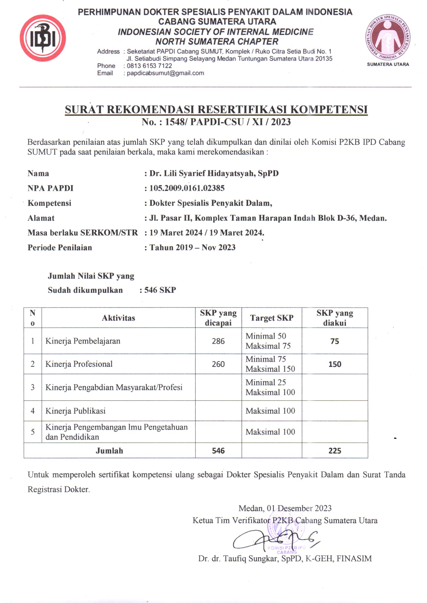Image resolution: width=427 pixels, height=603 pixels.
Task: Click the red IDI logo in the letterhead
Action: pos(43,38)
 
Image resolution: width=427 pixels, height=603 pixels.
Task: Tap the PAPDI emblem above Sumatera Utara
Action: pos(388,37)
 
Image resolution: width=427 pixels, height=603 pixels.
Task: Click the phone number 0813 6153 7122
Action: pos(149,66)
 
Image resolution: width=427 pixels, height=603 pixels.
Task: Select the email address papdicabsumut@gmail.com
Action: pos(165,73)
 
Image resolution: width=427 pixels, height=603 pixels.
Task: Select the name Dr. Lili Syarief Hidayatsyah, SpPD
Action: pos(214,173)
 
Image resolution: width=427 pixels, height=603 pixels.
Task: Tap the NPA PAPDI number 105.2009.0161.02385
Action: pos(187,188)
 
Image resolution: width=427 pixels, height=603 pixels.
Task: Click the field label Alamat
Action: pos(41,218)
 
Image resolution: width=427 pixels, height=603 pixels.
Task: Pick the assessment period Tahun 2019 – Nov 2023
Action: pos(192,247)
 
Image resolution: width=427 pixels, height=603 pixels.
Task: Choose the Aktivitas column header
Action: pos(118,318)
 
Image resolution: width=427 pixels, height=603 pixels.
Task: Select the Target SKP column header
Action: pos(272,318)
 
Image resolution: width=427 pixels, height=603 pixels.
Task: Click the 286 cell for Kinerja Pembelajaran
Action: pos(218,341)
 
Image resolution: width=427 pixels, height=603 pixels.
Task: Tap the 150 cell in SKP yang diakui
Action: pos(335,364)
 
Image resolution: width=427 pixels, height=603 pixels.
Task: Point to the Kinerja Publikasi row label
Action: pos(75,411)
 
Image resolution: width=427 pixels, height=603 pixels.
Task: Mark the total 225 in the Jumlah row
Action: pos(335,451)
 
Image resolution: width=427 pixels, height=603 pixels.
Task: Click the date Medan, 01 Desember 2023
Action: pos(285,508)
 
